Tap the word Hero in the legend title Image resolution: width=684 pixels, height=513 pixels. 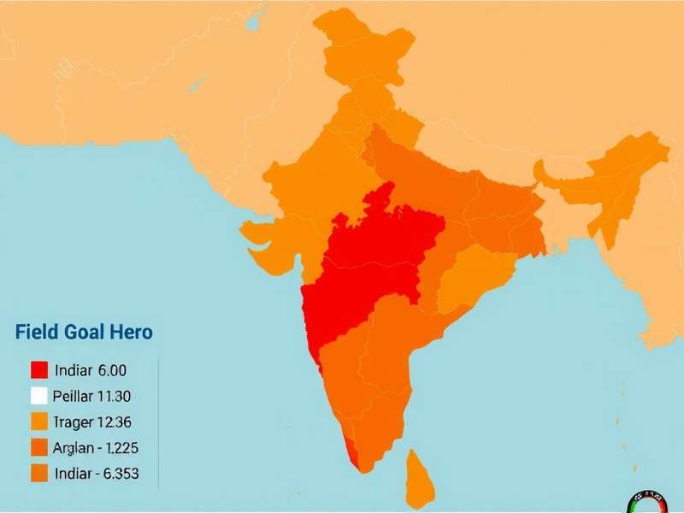tap(131, 333)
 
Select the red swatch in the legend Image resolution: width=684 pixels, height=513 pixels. tap(38, 370)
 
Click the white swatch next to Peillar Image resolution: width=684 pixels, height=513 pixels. tap(38, 396)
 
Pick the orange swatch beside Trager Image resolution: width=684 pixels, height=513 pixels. tap(38, 422)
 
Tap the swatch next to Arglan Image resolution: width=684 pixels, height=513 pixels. tap(38, 447)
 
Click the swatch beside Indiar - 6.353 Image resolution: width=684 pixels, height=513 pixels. tap(38, 473)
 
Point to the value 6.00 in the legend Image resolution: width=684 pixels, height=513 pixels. tap(113, 370)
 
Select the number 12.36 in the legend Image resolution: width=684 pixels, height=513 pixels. tap(115, 422)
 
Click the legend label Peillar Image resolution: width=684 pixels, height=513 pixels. tap(73, 396)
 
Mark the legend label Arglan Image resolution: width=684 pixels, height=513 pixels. tap(74, 447)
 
